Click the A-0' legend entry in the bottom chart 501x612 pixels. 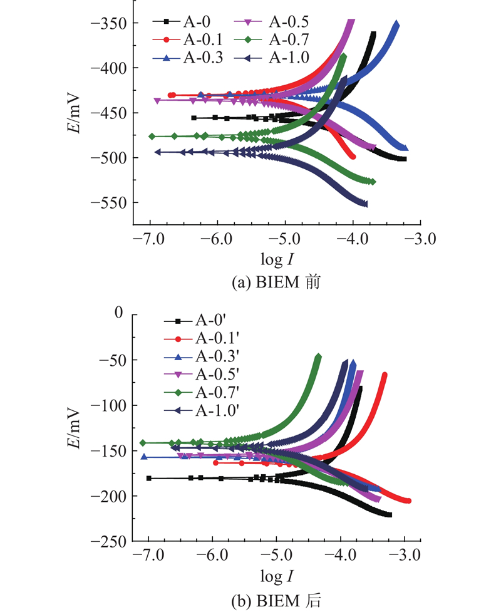(195, 321)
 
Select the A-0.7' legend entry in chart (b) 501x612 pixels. (201, 392)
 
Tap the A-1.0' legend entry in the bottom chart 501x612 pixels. (201, 410)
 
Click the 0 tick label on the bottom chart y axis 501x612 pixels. (118, 313)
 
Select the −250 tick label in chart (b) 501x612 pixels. (109, 541)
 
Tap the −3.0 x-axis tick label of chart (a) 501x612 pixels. (420, 239)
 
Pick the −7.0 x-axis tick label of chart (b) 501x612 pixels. (148, 554)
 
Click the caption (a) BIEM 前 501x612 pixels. (276, 282)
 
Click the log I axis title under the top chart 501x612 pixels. (277, 259)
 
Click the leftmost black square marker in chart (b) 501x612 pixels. (148, 478)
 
